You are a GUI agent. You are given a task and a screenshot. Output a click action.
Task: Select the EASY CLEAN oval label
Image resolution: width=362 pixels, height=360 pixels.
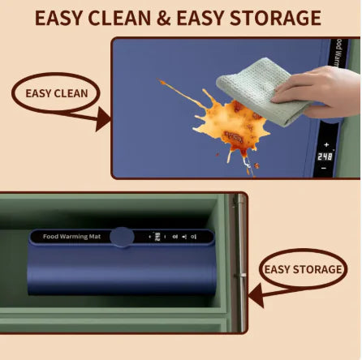(x=55, y=93)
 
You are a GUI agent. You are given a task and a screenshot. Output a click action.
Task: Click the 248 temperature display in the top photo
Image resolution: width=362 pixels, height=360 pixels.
(x=325, y=155)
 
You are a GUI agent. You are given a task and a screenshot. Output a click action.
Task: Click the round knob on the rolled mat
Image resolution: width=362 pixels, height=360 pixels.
(x=123, y=237)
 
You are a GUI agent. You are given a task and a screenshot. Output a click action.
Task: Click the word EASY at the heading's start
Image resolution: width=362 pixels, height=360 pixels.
(x=64, y=18)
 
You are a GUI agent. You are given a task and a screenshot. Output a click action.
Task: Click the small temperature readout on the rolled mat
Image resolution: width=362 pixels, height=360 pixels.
(x=157, y=238)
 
